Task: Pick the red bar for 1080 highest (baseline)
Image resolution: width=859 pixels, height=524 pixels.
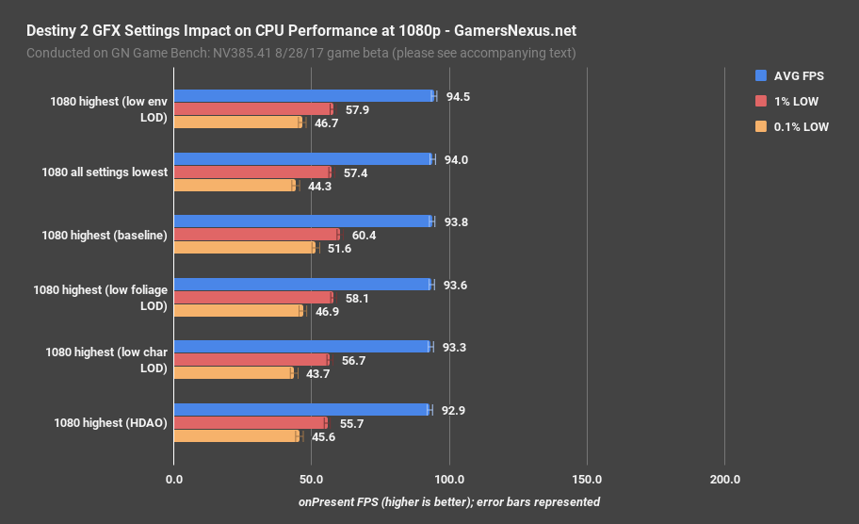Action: pyautogui.click(x=256, y=235)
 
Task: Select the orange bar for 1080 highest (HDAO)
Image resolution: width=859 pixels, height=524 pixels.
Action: pyautogui.click(x=236, y=436)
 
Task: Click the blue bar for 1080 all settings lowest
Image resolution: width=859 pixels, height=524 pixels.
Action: pyautogui.click(x=302, y=159)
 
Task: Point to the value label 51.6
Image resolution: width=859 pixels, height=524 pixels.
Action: pyautogui.click(x=339, y=249)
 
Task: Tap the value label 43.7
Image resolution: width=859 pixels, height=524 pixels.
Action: pyautogui.click(x=317, y=374)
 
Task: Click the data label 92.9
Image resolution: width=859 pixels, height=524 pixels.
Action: pyautogui.click(x=455, y=410)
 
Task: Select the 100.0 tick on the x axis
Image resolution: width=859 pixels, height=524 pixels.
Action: pyautogui.click(x=449, y=480)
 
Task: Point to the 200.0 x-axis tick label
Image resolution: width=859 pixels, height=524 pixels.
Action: pyautogui.click(x=724, y=480)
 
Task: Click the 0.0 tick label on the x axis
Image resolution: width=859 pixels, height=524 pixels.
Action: pyautogui.click(x=173, y=480)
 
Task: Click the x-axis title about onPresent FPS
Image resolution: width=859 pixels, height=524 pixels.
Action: pyautogui.click(x=448, y=502)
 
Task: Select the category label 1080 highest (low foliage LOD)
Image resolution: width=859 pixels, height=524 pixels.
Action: pyautogui.click(x=101, y=298)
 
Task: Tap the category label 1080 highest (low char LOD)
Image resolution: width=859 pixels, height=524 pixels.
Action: pyautogui.click(x=106, y=360)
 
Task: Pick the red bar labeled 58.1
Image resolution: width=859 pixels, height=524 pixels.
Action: pyautogui.click(x=252, y=298)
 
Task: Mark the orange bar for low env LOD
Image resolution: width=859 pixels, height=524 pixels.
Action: pyautogui.click(x=238, y=123)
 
